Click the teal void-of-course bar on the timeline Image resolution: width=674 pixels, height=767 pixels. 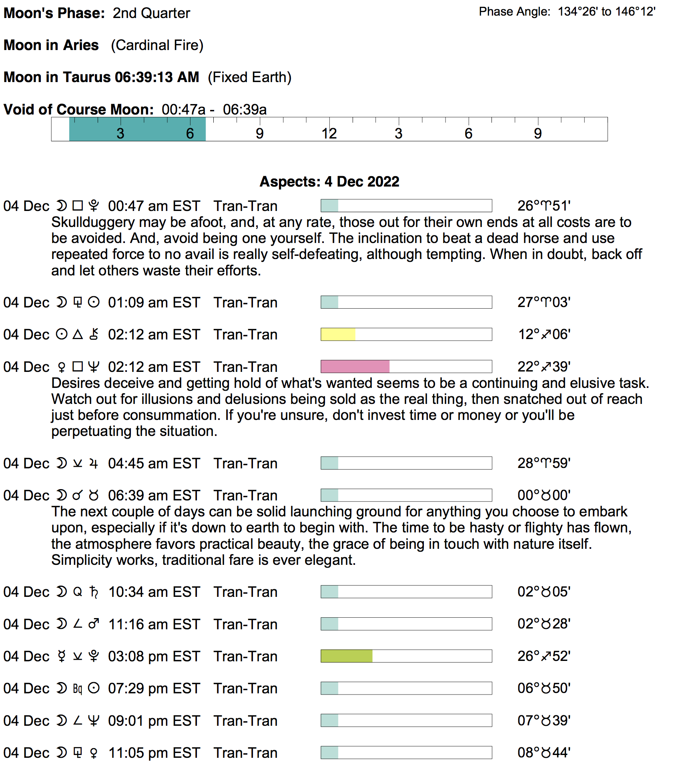pyautogui.click(x=137, y=129)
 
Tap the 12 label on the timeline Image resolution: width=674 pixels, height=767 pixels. pyautogui.click(x=329, y=134)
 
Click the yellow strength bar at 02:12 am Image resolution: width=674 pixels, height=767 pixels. pyautogui.click(x=338, y=334)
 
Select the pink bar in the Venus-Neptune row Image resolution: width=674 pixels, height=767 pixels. pyautogui.click(x=355, y=367)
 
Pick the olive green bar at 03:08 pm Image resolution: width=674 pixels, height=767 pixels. pyautogui.click(x=347, y=656)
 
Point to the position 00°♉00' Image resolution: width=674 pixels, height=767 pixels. pyautogui.click(x=544, y=496)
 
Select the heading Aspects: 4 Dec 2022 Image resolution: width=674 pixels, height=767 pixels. pyautogui.click(x=329, y=182)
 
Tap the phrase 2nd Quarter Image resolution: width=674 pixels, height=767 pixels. pyautogui.click(x=151, y=13)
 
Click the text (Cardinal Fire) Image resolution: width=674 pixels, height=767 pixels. pyautogui.click(x=157, y=45)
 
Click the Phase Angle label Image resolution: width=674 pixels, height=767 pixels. pyautogui.click(x=514, y=12)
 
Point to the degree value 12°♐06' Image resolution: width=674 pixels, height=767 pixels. pyautogui.click(x=544, y=334)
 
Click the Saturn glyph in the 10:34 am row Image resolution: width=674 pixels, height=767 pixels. pyautogui.click(x=94, y=592)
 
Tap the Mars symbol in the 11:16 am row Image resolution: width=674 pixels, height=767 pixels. pyautogui.click(x=94, y=624)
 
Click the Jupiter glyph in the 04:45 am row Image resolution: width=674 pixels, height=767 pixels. pyautogui.click(x=94, y=464)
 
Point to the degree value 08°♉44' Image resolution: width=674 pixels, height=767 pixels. pyautogui.click(x=544, y=753)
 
